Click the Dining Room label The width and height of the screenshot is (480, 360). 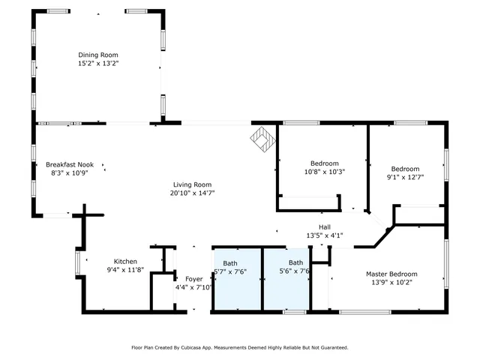pos(98,55)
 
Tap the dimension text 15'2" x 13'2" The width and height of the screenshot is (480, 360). pos(98,64)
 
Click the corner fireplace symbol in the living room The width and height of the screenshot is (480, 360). pos(262,138)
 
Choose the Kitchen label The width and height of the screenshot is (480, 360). pos(125,261)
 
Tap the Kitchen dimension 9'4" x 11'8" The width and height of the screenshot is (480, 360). pos(125,270)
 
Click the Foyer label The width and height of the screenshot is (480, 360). pos(184,279)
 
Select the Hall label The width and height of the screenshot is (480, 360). pos(324,227)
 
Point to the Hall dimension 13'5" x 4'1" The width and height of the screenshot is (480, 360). pos(324,236)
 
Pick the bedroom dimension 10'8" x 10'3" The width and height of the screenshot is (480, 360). pos(324,172)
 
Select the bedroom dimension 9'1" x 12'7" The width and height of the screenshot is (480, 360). pos(405,178)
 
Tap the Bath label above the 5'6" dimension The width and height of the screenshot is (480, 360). pos(295,262)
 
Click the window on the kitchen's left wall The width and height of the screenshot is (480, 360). pos(77,262)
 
